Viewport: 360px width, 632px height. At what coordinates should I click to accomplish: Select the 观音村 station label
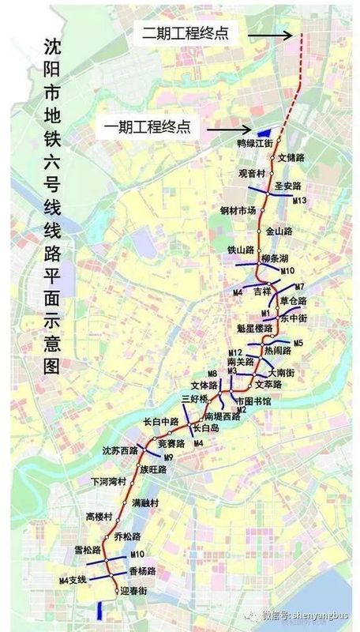coord(250,172)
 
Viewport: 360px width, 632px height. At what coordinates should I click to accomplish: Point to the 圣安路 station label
coord(293,186)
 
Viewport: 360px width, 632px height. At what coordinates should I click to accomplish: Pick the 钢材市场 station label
coord(238,210)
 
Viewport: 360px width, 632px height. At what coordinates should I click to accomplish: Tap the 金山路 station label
coord(279,231)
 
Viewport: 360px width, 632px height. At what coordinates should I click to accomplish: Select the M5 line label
coord(298,343)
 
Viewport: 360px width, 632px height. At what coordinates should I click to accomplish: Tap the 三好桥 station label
coord(193,398)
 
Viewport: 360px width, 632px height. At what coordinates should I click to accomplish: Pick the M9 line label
coord(169,457)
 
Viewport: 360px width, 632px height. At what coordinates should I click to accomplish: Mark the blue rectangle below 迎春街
coord(99,610)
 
